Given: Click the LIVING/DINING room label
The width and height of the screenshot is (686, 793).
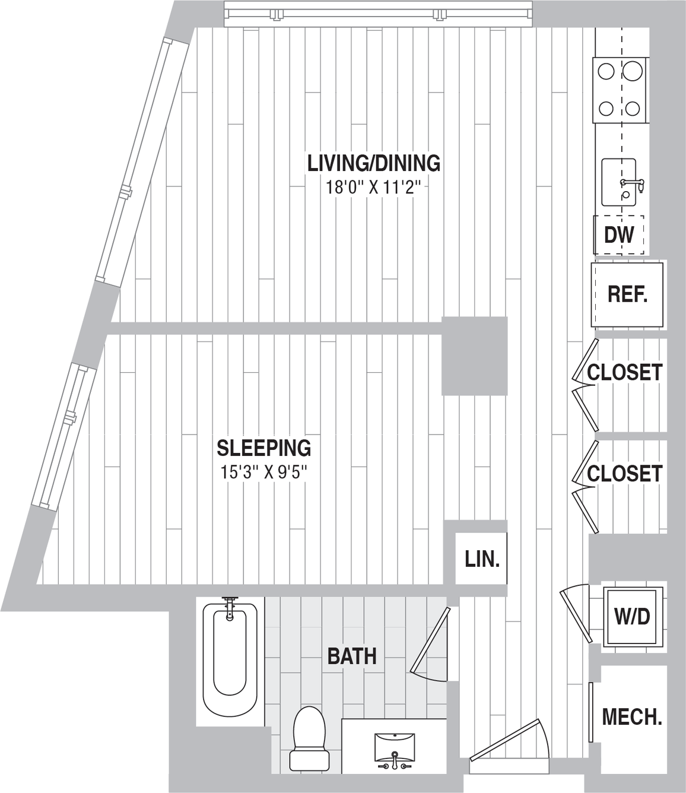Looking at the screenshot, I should (373, 163).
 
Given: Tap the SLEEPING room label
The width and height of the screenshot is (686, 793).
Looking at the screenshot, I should (263, 448).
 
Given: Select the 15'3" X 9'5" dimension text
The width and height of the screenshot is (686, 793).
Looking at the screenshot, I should (263, 473).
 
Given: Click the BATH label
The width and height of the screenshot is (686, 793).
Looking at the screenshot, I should (352, 656).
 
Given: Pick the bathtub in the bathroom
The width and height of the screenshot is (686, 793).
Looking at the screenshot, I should (230, 659).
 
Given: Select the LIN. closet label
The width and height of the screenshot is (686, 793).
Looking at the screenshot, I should (482, 559).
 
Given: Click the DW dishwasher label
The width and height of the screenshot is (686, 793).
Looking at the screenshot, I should (619, 236).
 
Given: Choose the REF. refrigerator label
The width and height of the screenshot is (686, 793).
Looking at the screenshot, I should (627, 294).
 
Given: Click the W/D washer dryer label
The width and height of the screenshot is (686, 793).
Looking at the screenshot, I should (633, 617).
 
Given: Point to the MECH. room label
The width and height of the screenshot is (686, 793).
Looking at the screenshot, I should (632, 717).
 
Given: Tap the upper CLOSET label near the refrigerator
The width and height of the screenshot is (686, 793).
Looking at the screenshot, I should (624, 373).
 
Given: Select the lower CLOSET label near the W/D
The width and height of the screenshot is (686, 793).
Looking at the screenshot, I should (624, 474).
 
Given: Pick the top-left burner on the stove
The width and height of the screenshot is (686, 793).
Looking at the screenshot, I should (606, 72).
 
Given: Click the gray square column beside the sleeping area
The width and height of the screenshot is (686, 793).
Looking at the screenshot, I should (474, 356).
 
